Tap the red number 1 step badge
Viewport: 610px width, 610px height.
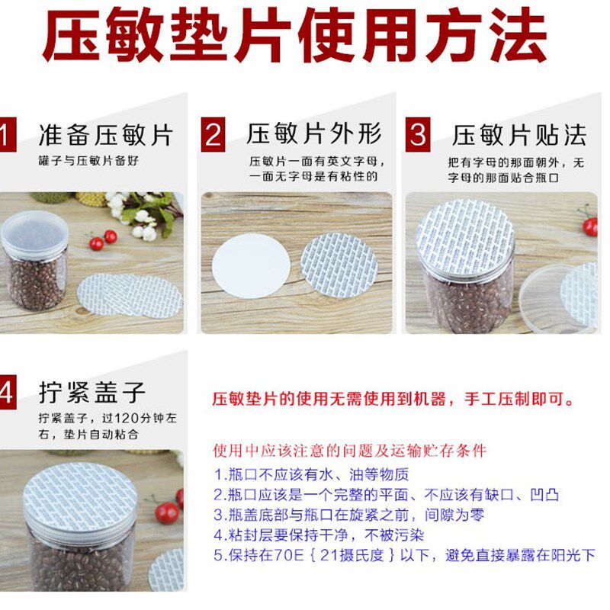[6, 135]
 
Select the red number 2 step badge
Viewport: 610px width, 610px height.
[213, 135]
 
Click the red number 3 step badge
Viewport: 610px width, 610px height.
[417, 135]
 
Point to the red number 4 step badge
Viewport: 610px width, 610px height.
[6, 393]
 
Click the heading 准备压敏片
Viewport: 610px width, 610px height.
[106, 135]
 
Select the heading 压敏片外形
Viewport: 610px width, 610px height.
[313, 134]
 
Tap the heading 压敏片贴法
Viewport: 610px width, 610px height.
[519, 135]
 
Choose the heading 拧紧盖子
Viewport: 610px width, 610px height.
[91, 392]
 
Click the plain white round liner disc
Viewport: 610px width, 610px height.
[252, 265]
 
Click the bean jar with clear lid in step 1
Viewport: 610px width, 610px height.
[34, 259]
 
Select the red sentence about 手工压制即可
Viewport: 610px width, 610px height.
[393, 399]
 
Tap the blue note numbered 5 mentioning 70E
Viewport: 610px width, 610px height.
[404, 554]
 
